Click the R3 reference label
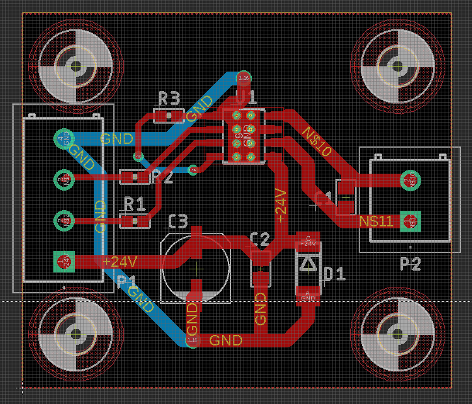[x=169, y=99]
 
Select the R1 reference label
[x=135, y=204]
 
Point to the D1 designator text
[x=334, y=274]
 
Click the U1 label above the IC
[x=246, y=98]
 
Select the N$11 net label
[x=376, y=221]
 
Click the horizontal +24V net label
[x=119, y=262]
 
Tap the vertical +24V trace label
[x=281, y=206]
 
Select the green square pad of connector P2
[x=410, y=221]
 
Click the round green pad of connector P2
[x=410, y=180]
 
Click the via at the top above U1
[x=243, y=77]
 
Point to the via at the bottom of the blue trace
[x=192, y=340]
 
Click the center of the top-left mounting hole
[x=76, y=66]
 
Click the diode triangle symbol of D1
[x=308, y=263]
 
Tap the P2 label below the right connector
[x=410, y=264]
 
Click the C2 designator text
[x=259, y=239]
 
